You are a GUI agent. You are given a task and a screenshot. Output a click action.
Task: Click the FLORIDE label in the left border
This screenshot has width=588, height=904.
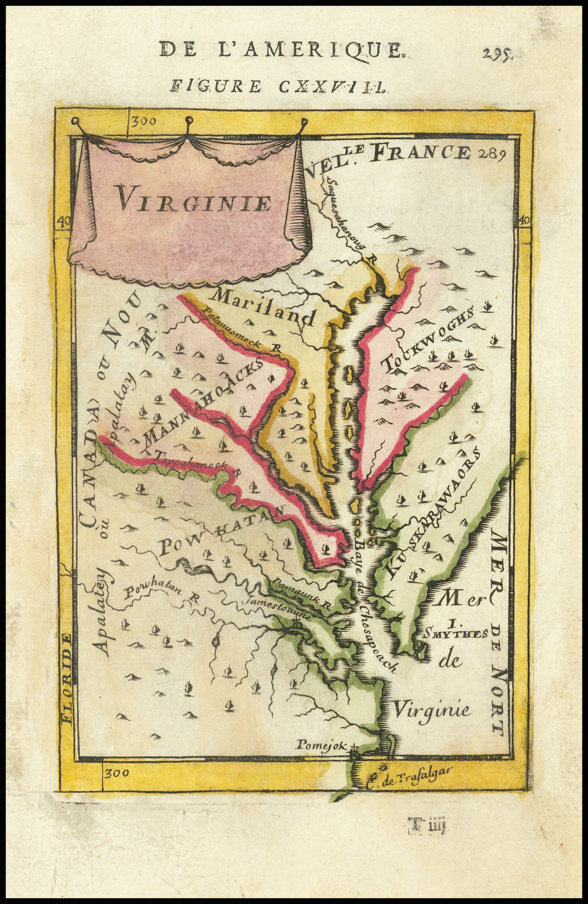67,677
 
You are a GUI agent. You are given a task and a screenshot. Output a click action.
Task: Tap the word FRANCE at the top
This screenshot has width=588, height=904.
423,152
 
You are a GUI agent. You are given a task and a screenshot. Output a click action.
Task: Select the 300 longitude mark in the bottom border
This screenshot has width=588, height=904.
116,773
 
